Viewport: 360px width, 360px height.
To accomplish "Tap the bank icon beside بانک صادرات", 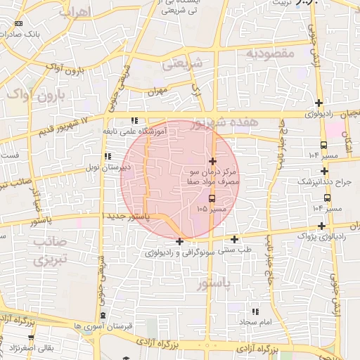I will pos(18,24).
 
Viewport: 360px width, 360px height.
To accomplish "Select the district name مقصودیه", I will pos(266,53).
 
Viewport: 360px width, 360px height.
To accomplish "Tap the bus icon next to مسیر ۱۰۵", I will pos(212,198).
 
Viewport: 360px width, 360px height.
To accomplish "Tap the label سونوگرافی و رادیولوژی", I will pos(180,252).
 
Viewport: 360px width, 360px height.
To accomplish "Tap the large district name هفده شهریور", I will pos(224,124).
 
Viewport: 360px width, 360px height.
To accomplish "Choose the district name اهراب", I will pos(73,13).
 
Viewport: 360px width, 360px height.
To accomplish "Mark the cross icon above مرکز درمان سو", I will pos(213,162).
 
